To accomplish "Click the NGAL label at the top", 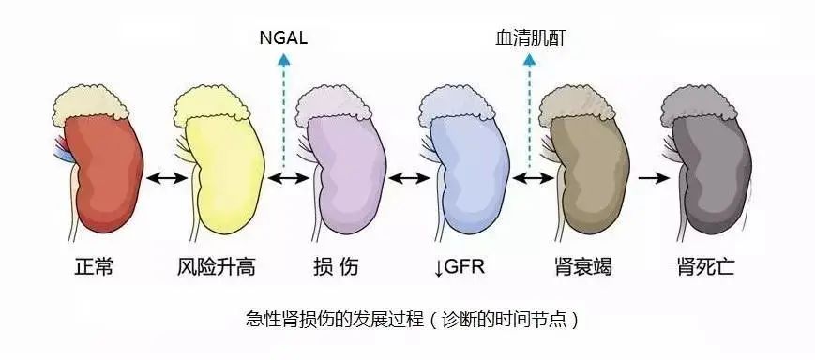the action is point(283,38).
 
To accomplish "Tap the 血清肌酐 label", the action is point(530,38).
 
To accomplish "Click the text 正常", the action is point(94,267).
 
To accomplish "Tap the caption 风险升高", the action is point(216,267).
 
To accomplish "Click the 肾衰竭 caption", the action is point(582,267).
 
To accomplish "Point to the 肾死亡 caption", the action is point(706,267).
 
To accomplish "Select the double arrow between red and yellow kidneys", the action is point(166,178).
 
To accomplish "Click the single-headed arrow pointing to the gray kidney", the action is point(654,178).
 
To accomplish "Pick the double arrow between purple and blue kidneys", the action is point(409,178).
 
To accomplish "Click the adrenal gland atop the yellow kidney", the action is point(212,106).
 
